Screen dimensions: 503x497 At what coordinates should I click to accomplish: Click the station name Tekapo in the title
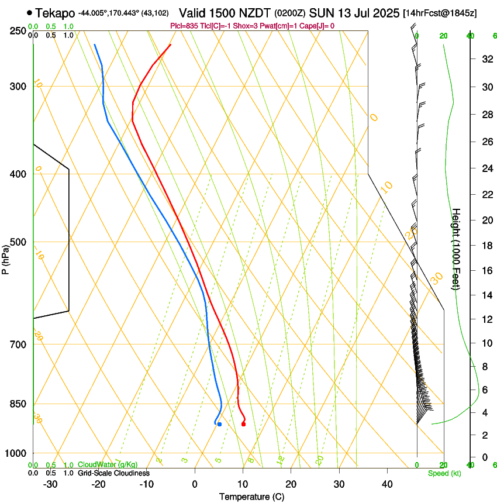pos(55,13)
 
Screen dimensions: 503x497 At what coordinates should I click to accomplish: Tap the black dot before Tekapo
pos(29,12)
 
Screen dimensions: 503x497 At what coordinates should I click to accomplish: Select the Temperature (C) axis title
pos(251,497)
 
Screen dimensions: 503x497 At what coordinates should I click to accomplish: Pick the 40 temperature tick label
pos(386,484)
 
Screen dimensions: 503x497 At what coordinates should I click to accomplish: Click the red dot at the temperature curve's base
pos(243,424)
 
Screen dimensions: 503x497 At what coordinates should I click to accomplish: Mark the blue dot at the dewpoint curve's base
pos(219,424)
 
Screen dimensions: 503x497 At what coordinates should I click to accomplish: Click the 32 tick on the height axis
pos(485,59)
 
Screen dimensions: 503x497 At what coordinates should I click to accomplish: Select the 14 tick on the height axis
pos(485,295)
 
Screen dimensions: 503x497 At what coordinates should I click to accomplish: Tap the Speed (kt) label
pos(444,473)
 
